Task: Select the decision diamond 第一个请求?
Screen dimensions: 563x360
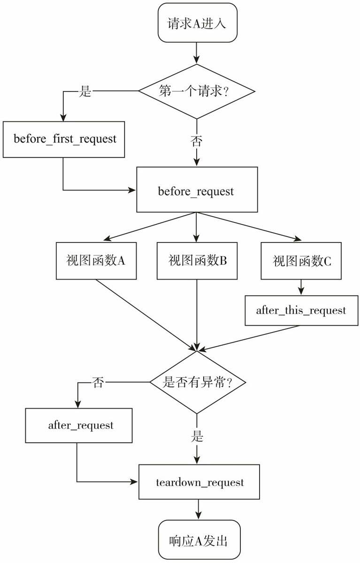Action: pyautogui.click(x=197, y=91)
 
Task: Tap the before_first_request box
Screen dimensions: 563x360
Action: pyautogui.click(x=64, y=139)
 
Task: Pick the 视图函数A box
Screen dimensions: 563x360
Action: pyautogui.click(x=96, y=261)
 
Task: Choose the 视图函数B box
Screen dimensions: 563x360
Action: pyautogui.click(x=197, y=261)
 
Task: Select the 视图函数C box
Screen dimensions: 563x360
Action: pyautogui.click(x=301, y=261)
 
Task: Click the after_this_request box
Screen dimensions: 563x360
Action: pyautogui.click(x=301, y=311)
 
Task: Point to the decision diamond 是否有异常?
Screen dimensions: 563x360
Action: pyautogui.click(x=197, y=382)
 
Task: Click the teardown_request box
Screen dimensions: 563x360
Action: pyautogui.click(x=199, y=482)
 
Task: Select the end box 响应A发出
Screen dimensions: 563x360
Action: pyautogui.click(x=199, y=540)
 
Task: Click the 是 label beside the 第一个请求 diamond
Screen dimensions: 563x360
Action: pyautogui.click(x=85, y=91)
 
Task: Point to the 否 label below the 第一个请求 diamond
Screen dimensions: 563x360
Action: pyautogui.click(x=197, y=140)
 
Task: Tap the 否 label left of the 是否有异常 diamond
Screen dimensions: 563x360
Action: pyautogui.click(x=98, y=382)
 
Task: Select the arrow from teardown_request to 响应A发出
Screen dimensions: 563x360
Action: pyautogui.click(x=199, y=509)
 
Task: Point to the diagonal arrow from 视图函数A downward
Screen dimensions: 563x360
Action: pyautogui.click(x=146, y=315)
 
